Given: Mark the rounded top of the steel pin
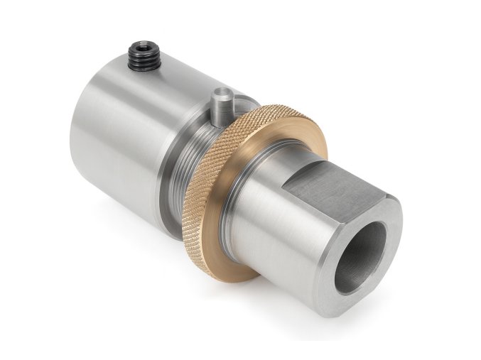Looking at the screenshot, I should (x=222, y=91).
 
